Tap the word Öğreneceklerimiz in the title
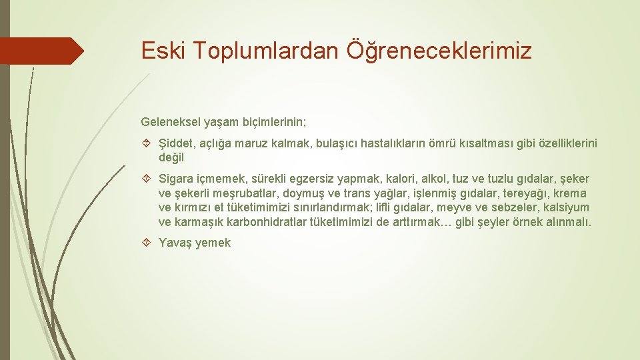439,51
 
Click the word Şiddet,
177,144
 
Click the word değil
171,158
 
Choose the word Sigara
177,179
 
